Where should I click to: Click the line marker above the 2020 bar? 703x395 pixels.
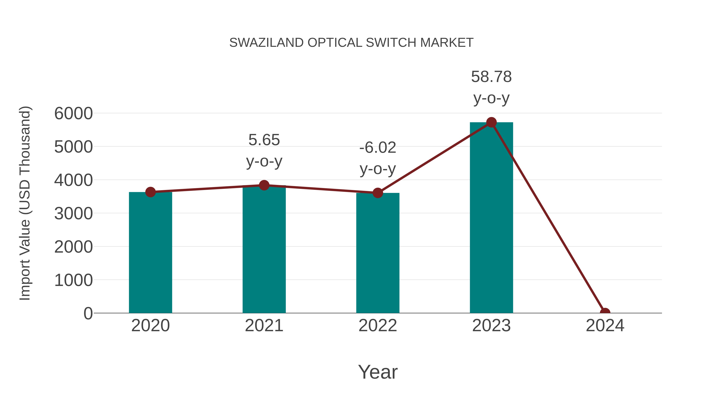tap(150, 192)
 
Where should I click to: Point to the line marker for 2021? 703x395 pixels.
tap(264, 185)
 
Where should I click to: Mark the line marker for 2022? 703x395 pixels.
tap(377, 193)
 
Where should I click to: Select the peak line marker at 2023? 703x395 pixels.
tap(491, 122)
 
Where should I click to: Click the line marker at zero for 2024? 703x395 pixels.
tap(605, 312)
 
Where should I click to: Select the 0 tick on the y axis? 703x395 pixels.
tap(88, 313)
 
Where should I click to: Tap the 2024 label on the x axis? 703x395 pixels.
tap(605, 326)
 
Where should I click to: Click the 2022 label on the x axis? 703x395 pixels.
tap(377, 326)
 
